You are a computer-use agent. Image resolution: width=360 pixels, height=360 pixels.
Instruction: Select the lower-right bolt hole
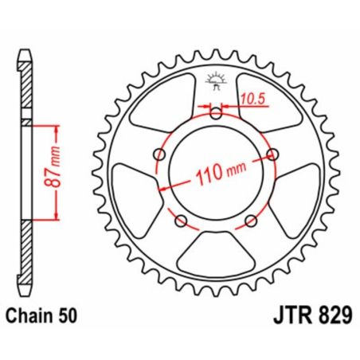click(251, 219)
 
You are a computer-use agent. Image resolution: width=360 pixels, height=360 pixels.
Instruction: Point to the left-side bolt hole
click(159, 153)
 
